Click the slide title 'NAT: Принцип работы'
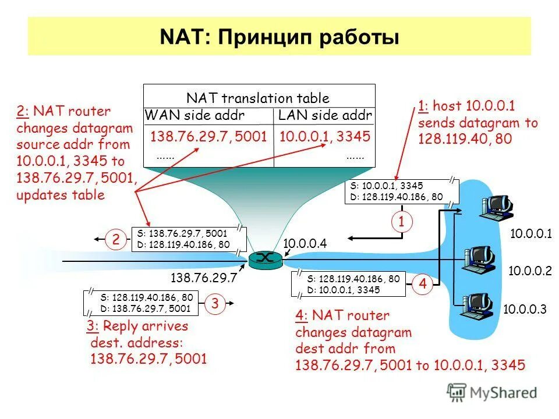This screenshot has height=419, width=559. (x=279, y=37)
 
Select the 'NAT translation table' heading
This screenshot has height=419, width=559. (x=257, y=98)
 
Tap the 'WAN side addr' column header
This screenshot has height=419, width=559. (x=194, y=115)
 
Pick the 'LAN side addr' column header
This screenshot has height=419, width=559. (x=324, y=115)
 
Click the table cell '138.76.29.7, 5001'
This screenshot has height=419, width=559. (x=208, y=137)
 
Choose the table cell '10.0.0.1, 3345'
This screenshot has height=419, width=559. (x=324, y=137)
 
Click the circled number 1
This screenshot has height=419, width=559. (x=401, y=221)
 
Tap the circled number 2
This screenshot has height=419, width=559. (x=116, y=238)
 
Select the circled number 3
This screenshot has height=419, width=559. (x=215, y=303)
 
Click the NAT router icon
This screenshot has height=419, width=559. (x=265, y=259)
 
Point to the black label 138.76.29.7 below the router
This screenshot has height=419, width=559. (x=203, y=278)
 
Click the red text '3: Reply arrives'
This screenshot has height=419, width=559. (x=137, y=326)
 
